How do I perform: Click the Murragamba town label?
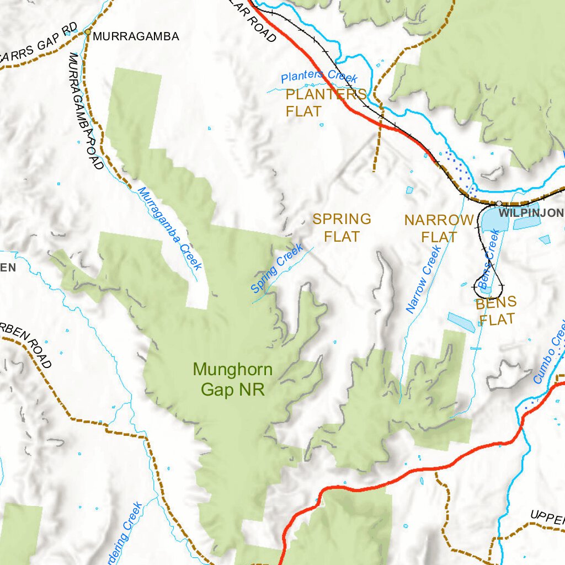(136, 37)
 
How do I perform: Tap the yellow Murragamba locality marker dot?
(87, 32)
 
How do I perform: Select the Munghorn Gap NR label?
(233, 379)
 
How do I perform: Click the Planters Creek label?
(319, 77)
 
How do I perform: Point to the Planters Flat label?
(326, 103)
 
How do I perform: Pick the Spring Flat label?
(342, 227)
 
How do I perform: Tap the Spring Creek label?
(277, 268)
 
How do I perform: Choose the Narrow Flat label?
(439, 228)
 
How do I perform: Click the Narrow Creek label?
(424, 280)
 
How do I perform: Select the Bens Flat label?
(496, 310)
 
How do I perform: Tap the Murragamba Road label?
(86, 110)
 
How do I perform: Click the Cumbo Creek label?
(550, 353)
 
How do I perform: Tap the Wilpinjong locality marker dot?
(498, 204)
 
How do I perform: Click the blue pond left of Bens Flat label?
(461, 322)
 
